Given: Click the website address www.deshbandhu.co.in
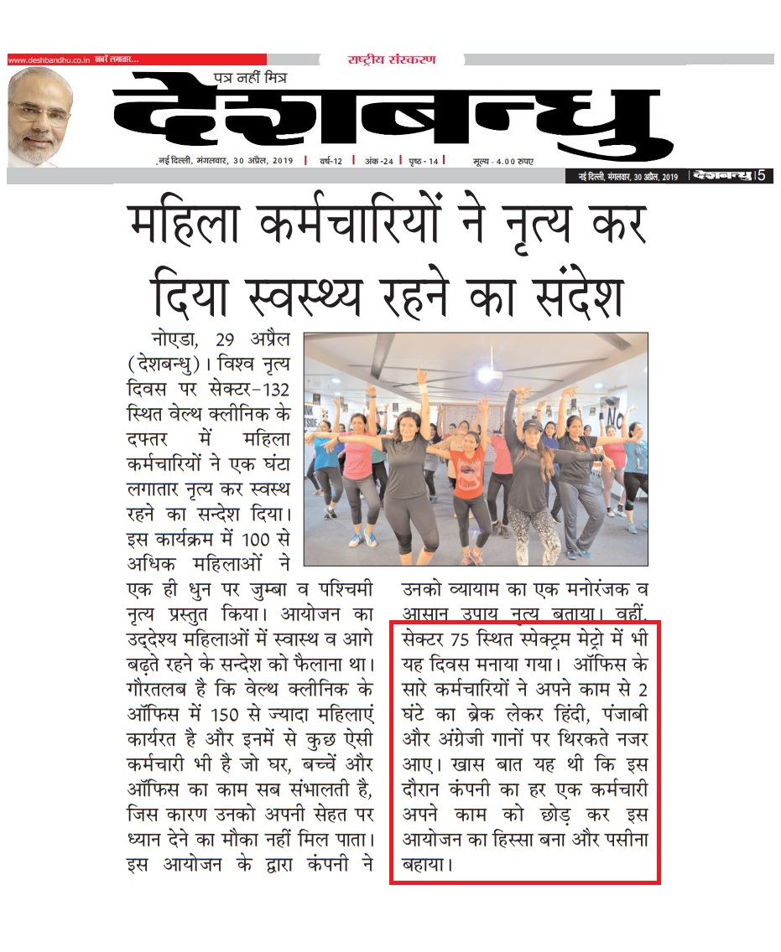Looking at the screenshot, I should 48,59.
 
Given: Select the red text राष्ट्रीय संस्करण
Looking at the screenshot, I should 391,59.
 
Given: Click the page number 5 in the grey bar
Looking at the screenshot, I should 761,176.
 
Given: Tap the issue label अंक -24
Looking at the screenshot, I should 373,160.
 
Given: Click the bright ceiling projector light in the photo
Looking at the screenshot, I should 486,375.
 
